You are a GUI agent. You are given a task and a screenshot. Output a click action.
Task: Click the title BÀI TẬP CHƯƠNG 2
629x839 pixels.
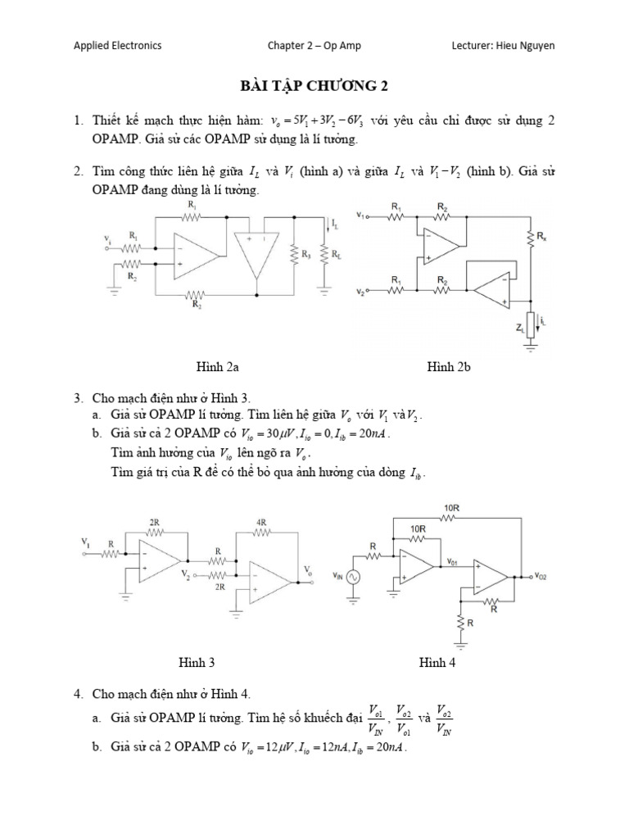(x=314, y=84)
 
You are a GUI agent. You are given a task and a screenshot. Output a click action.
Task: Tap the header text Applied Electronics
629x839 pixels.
(x=117, y=46)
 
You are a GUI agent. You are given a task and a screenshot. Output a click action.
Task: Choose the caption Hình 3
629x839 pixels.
(x=197, y=662)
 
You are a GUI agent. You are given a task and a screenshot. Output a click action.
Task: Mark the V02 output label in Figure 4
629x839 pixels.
(x=541, y=577)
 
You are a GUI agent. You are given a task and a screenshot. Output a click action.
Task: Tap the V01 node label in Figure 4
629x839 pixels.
(x=455, y=562)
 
